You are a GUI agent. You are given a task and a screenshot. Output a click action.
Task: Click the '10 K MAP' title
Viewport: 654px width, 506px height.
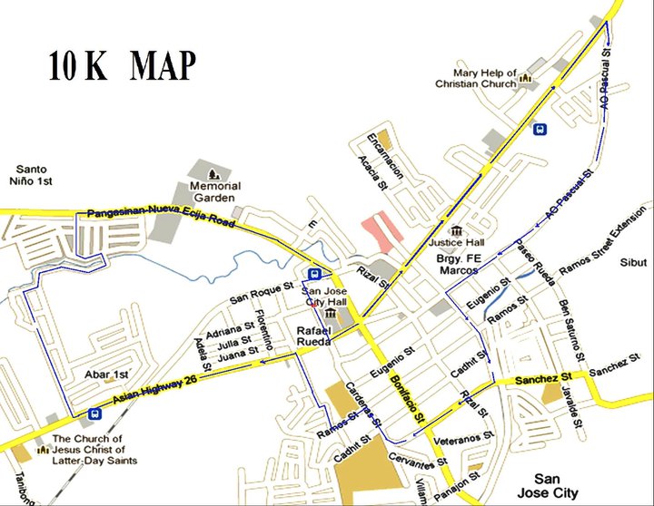pos(122,65)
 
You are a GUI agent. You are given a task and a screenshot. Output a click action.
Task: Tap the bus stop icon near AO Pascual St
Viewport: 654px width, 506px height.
pos(540,129)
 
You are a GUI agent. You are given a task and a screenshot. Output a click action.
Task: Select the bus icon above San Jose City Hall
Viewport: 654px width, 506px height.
pos(314,274)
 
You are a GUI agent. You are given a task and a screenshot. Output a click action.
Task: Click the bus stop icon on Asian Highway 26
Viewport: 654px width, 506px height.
pos(94,414)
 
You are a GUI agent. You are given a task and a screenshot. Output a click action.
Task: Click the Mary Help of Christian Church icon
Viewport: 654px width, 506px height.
pos(525,83)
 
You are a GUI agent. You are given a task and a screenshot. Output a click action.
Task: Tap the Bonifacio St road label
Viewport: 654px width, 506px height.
pos(401,392)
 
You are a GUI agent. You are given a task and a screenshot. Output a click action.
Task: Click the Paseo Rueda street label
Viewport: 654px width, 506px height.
pos(535,263)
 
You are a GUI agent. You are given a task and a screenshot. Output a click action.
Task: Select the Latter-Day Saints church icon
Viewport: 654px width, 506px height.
pos(40,449)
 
